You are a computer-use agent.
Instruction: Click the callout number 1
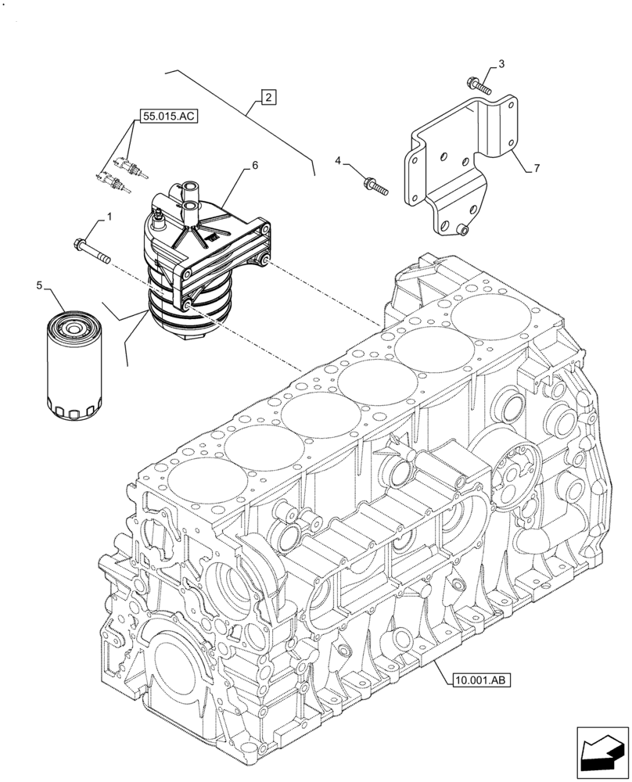click(x=110, y=215)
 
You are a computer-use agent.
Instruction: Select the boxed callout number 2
click(x=268, y=98)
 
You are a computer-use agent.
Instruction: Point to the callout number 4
click(x=339, y=161)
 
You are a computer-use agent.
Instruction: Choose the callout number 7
click(x=537, y=168)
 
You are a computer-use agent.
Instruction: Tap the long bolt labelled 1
click(x=93, y=251)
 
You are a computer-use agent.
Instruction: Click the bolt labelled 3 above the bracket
click(x=476, y=84)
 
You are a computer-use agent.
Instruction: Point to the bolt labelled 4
click(x=375, y=186)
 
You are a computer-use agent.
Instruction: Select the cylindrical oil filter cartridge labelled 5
click(x=72, y=364)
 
